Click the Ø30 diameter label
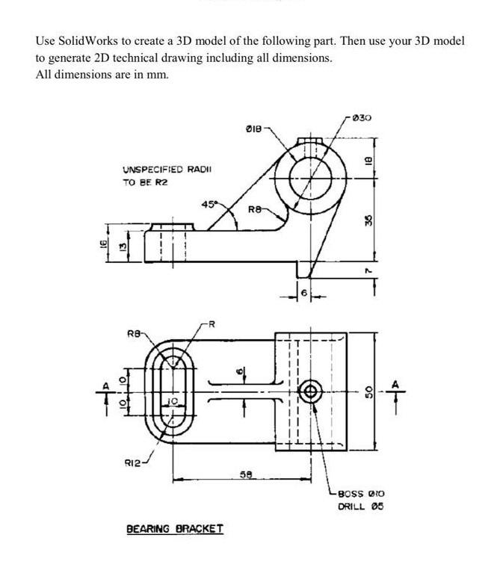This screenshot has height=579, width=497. coord(362,118)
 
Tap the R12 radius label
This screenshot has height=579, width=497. coord(134,462)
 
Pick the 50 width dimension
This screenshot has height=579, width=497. coord(367,391)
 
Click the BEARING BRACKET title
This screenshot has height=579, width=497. coord(174,529)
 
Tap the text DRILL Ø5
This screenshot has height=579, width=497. coord(361,507)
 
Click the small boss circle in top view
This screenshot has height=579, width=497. coord(310,390)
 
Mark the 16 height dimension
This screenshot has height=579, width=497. coord(106,243)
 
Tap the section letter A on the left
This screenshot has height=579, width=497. coord(105,385)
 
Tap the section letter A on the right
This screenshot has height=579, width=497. coord(396,385)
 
